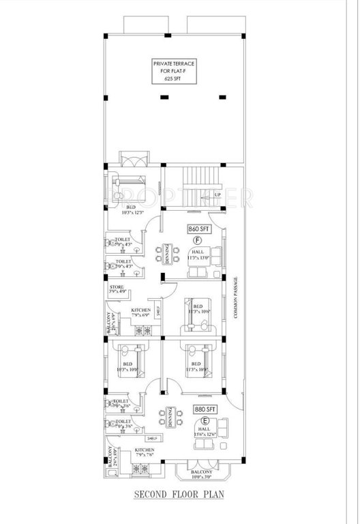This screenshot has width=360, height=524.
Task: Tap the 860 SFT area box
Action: (x=198, y=230)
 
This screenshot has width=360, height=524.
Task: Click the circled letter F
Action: (x=198, y=241)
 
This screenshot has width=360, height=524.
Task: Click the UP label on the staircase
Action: (x=217, y=194)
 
